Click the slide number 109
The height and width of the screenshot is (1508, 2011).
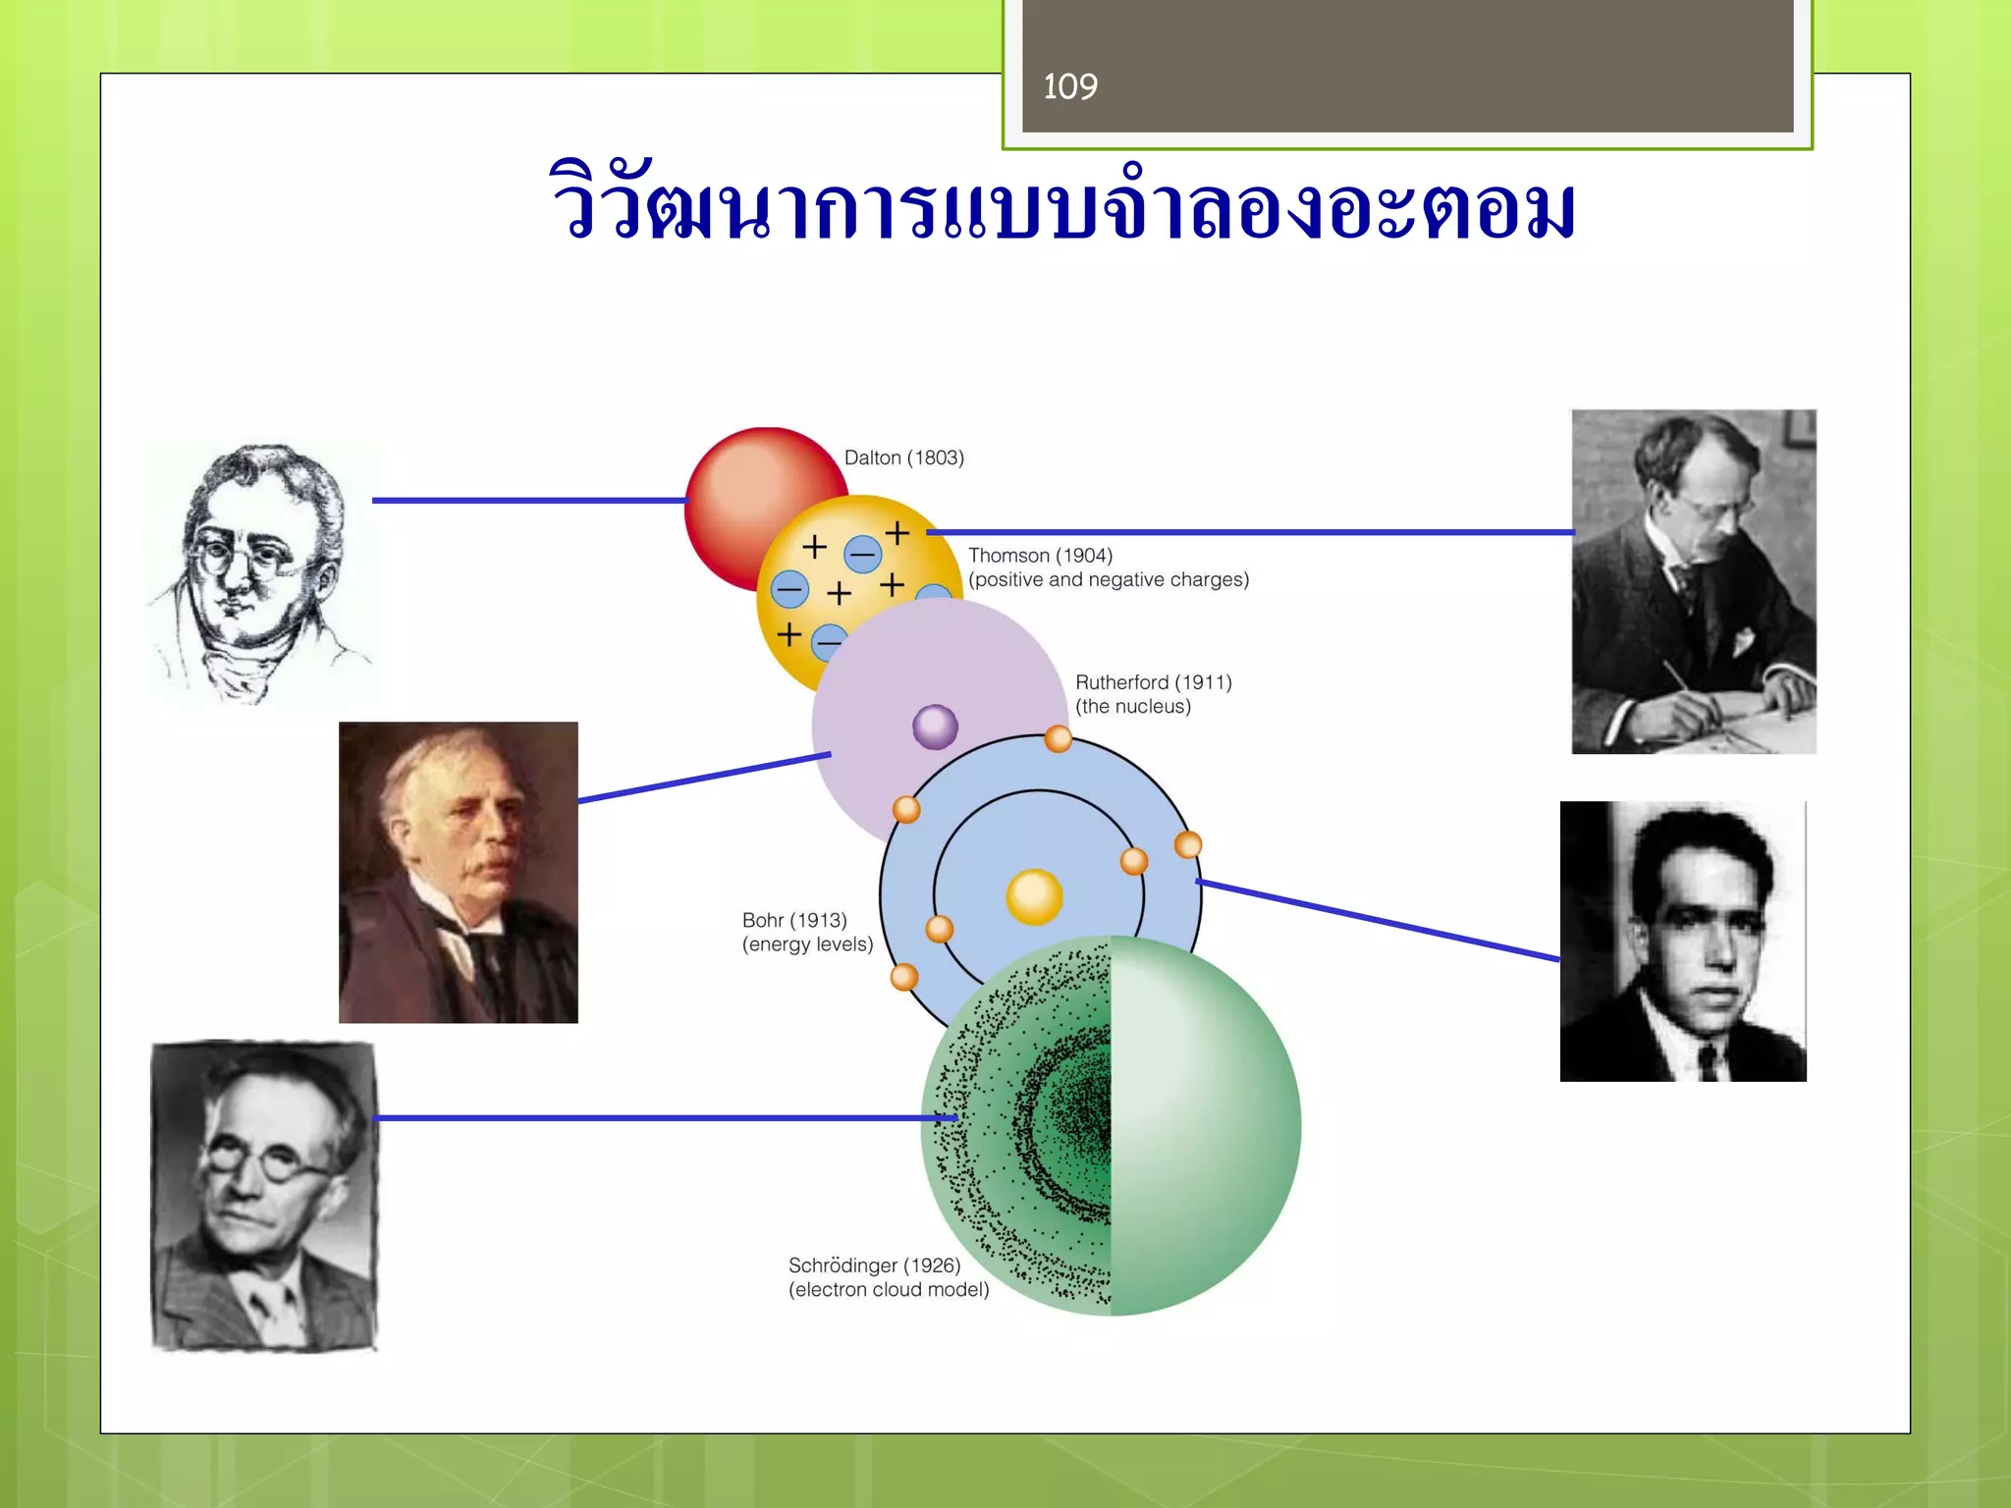[x=1070, y=87]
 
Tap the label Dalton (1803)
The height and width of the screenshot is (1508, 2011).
[x=903, y=458]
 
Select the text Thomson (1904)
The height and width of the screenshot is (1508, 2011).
[x=1040, y=556]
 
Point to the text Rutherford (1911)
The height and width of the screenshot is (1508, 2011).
[x=1153, y=682]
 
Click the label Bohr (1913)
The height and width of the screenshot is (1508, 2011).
[x=793, y=920]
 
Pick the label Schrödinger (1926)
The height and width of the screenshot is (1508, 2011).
[x=874, y=1266]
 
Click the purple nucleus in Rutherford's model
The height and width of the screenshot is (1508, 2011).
[x=935, y=727]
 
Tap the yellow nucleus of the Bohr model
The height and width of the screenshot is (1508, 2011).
[x=1034, y=896]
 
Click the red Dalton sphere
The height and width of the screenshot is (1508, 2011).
[x=746, y=491]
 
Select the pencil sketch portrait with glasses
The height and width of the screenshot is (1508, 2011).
[x=257, y=571]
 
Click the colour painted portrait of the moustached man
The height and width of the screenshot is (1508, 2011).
[x=458, y=873]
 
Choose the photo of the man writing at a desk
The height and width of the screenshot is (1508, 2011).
[x=1693, y=581]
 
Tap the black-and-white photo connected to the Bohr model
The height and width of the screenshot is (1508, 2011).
[x=1682, y=942]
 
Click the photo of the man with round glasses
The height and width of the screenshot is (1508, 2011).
[x=263, y=1196]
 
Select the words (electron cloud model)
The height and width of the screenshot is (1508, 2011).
[x=888, y=1290]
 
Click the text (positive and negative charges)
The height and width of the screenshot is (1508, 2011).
[x=1108, y=580]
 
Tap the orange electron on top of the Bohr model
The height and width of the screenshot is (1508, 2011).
[x=1058, y=738]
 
